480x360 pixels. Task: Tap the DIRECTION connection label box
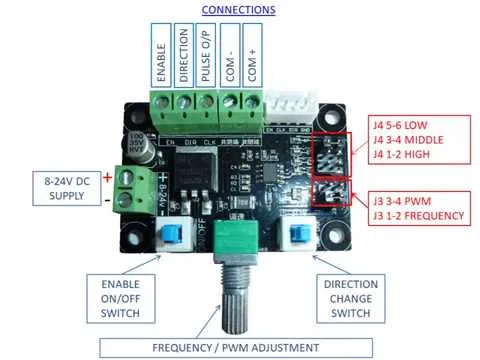click(183, 56)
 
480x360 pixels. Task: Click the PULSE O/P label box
click(206, 56)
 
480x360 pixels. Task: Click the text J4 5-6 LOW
click(407, 123)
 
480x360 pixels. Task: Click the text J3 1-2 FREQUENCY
click(419, 215)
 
